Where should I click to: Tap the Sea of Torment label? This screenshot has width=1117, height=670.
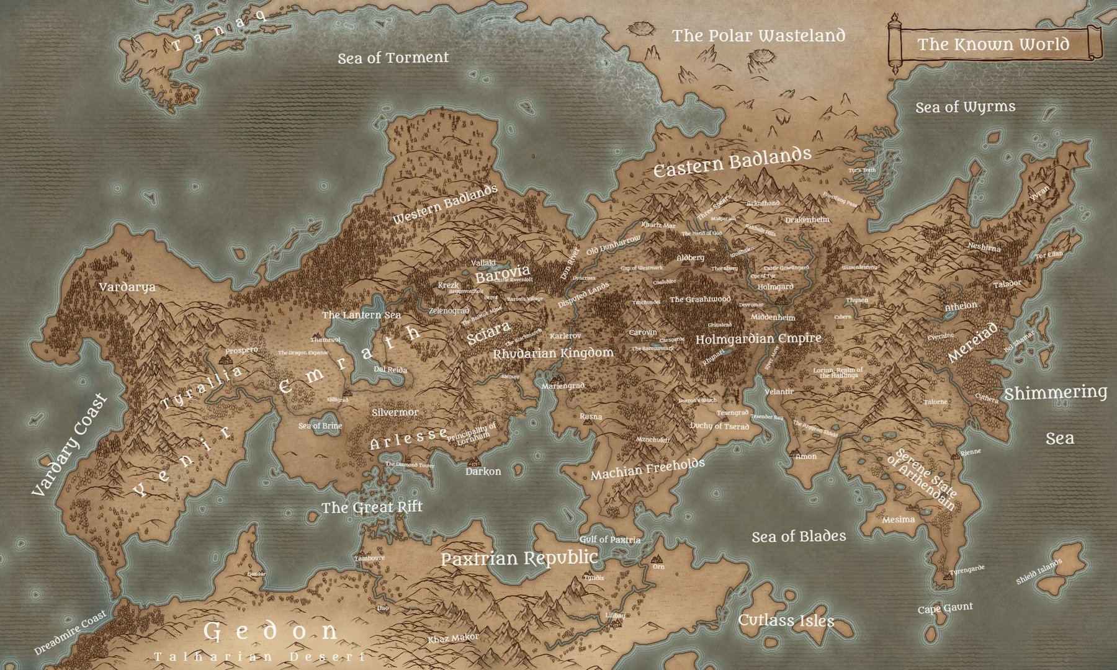point(393,58)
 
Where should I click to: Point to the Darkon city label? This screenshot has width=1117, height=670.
point(483,471)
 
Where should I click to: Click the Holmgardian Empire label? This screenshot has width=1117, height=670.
point(758,339)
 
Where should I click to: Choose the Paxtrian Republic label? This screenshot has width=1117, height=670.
point(519,558)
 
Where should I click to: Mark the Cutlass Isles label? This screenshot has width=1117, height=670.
point(786,620)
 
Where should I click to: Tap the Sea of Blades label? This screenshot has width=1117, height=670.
point(799,537)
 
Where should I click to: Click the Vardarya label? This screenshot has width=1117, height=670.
point(127,287)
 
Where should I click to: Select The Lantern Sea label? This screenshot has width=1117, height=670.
point(361,315)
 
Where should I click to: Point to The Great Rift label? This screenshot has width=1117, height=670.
point(372,507)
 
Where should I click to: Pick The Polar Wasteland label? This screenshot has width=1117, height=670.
point(758,36)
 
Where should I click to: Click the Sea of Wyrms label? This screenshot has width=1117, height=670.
point(966,107)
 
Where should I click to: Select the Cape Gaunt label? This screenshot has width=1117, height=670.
point(945,609)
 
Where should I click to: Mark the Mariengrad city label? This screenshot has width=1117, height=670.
point(563,386)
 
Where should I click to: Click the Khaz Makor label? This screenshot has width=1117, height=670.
point(453,638)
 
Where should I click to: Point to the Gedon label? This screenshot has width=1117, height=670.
point(271,632)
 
